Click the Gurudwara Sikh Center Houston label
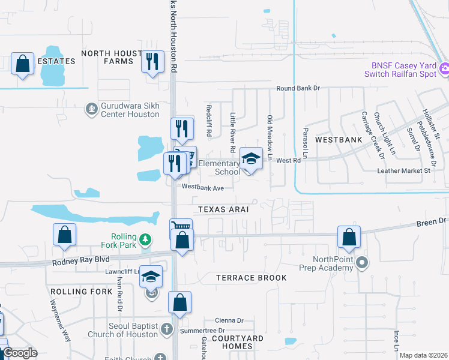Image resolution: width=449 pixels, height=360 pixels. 130,109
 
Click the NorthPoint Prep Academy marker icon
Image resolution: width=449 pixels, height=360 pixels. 361,262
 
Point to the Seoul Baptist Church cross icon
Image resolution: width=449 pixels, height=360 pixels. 167,329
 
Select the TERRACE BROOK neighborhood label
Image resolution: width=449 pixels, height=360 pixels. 251,278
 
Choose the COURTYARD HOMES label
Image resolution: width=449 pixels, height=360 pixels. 241,343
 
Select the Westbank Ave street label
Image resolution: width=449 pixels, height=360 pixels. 202,188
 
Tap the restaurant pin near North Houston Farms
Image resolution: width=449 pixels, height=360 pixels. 152,62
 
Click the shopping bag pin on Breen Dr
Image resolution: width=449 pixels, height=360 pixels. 349,238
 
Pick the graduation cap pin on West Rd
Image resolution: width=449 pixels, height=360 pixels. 251,160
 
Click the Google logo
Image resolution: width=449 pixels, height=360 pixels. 20,353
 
